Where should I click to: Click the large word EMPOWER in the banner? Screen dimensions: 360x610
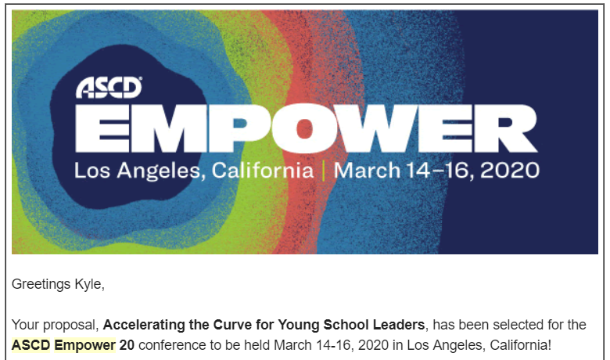[x=307, y=128]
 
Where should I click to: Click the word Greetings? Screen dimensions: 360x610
[x=40, y=284]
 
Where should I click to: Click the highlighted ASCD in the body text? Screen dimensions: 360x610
[x=30, y=344]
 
